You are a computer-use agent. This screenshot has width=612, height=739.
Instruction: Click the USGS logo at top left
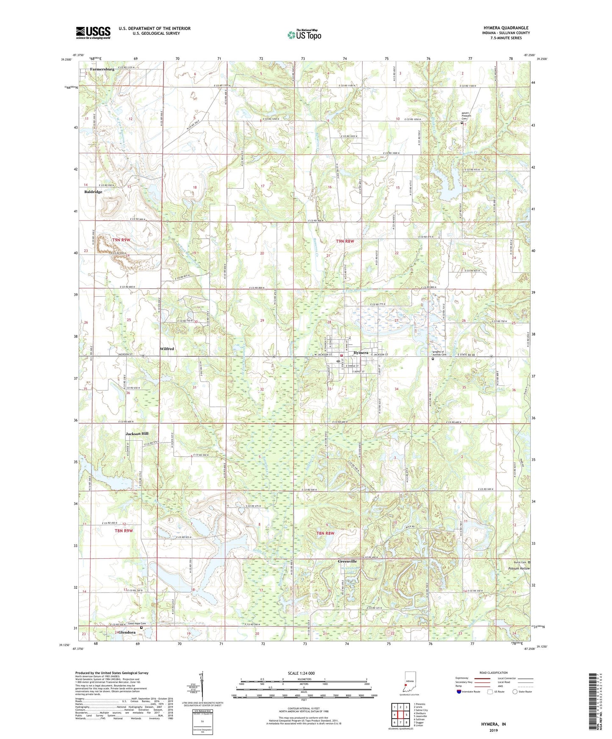point(93,33)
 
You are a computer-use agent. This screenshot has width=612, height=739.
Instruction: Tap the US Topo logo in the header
point(304,34)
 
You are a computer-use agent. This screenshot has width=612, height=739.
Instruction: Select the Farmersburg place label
point(102,69)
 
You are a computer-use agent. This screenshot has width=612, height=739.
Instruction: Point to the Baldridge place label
point(93,192)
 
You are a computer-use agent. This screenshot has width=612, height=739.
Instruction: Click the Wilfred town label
point(167,349)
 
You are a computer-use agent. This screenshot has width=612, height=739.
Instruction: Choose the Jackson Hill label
point(137,434)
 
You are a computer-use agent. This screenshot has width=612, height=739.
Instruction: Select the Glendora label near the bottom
point(127,632)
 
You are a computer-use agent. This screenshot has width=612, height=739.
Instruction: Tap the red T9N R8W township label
point(345,241)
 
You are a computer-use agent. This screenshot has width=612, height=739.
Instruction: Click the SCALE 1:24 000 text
point(301,673)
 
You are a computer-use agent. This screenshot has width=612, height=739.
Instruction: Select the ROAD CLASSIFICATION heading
point(493,673)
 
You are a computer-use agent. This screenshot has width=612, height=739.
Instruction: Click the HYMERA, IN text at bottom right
point(493,724)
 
